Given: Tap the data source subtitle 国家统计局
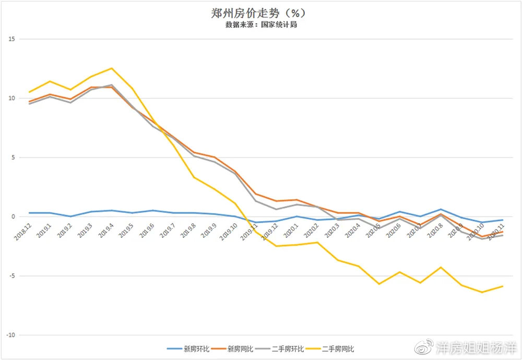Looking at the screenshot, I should click(x=261, y=25).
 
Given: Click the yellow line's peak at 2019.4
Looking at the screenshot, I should click(x=111, y=68).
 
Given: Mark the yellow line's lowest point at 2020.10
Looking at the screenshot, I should click(x=482, y=292).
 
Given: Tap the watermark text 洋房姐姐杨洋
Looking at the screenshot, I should click(x=476, y=347).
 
